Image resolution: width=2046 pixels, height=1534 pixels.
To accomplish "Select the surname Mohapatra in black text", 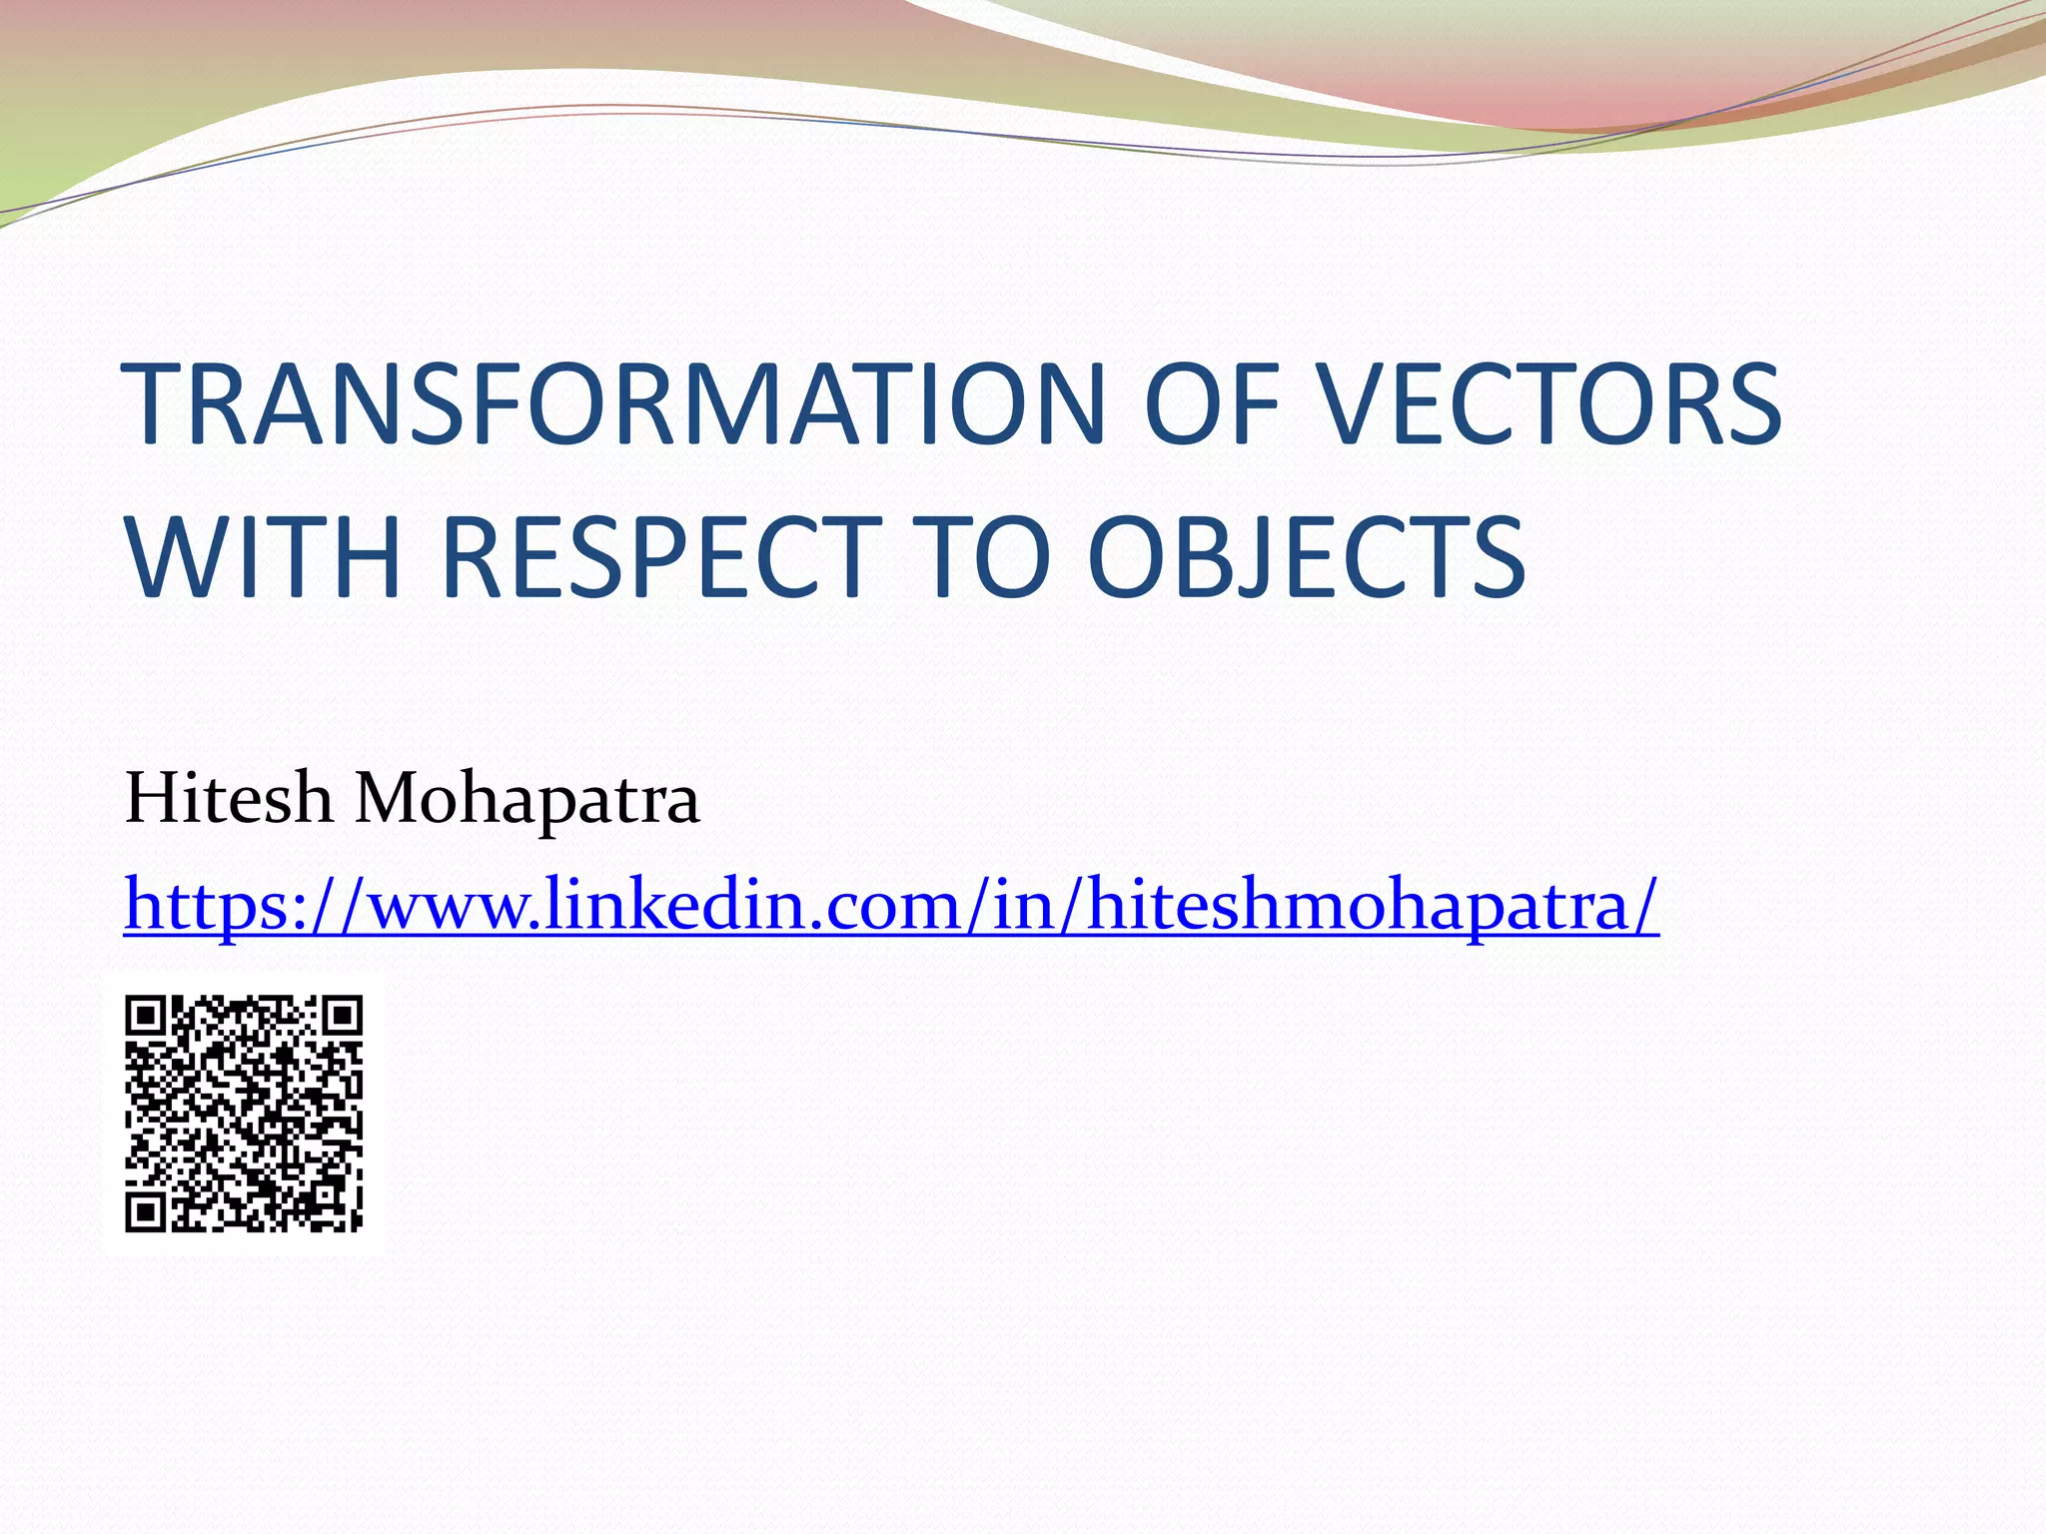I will point(527,801).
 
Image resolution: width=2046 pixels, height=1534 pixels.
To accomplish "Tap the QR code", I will point(244,1113).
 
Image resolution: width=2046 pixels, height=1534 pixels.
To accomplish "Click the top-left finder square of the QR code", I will point(145,1016).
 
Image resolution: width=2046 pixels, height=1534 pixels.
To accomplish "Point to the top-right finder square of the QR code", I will point(343,1016).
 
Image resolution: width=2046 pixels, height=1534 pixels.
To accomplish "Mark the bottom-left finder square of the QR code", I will point(145,1211).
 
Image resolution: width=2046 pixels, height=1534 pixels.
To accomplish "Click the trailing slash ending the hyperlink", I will point(1646,905).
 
